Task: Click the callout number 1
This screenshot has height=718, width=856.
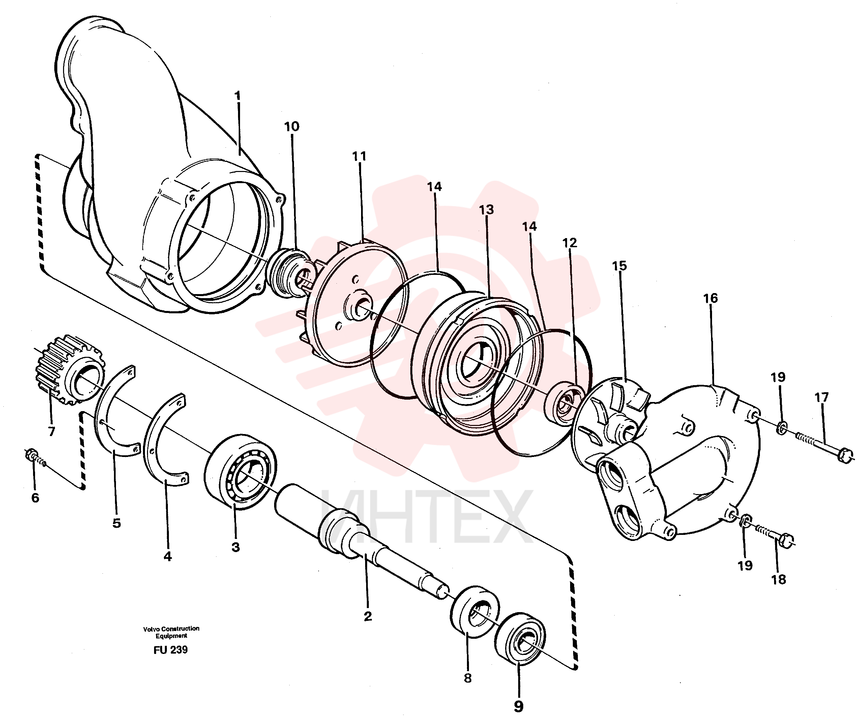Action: (238, 97)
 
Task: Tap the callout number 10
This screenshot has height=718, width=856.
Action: (292, 127)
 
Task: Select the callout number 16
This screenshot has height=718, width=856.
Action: (710, 298)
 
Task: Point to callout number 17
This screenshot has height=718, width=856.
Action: (822, 397)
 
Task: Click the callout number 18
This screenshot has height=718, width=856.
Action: (778, 579)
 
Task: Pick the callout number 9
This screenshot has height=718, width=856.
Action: (519, 706)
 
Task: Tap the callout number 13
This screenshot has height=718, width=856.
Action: (486, 209)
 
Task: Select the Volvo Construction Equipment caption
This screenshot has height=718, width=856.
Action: (171, 632)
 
